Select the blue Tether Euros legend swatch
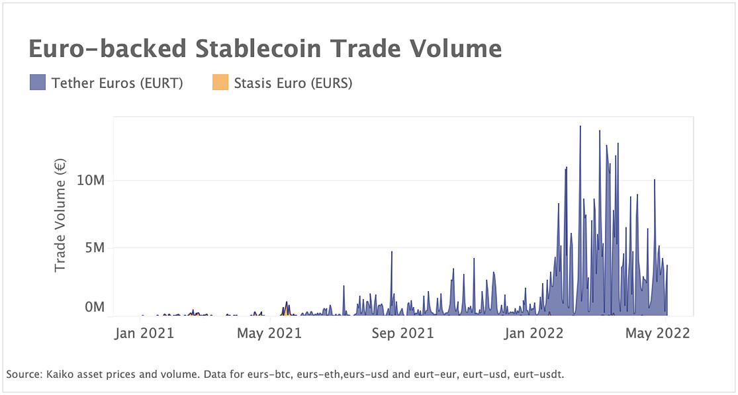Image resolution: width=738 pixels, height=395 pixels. pos(38,83)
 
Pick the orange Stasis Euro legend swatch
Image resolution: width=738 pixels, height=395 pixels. pos(220,83)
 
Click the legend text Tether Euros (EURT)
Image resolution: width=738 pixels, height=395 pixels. pos(117,83)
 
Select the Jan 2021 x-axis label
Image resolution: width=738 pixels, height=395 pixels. pos(144,333)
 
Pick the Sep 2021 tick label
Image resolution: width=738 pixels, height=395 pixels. pos(402,333)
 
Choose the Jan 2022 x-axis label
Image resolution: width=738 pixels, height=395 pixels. pos(533,333)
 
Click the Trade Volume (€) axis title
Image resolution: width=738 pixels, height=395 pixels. pos(60,215)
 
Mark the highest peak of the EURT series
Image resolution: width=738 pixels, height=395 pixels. pos(580,126)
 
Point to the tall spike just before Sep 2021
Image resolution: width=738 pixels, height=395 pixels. pos(392,252)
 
